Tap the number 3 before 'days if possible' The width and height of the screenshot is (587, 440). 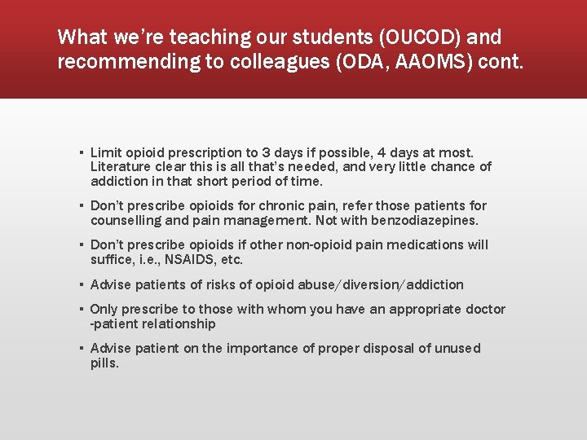click(267, 152)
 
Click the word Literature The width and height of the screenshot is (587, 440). click(118, 167)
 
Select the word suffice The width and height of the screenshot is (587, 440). click(109, 259)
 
